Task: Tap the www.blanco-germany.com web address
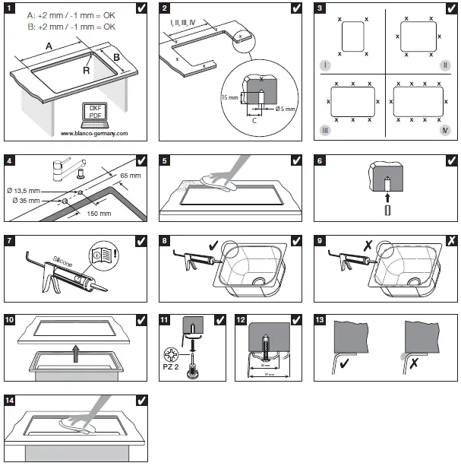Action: coord(94,133)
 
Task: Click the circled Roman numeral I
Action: coord(324,66)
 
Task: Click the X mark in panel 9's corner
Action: coord(450,239)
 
